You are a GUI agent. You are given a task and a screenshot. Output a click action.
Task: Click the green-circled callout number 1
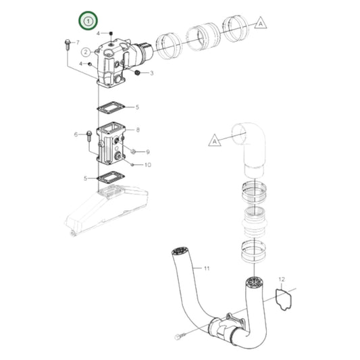point(87,21)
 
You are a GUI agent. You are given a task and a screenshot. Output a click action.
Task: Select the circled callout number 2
point(86,52)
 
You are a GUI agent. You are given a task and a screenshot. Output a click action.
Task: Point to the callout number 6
point(76,134)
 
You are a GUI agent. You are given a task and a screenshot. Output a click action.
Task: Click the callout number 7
point(77,43)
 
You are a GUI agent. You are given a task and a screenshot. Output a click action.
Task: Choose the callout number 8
point(138,129)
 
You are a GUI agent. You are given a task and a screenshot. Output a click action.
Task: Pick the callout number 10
point(148,165)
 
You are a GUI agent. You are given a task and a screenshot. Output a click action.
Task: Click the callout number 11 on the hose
point(207,268)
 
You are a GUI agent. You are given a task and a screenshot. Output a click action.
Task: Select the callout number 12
point(282,278)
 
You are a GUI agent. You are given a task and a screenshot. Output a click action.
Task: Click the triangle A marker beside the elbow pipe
point(213,140)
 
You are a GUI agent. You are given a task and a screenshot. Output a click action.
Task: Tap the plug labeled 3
point(138,71)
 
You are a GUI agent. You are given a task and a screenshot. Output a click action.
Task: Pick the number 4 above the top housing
point(98,33)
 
